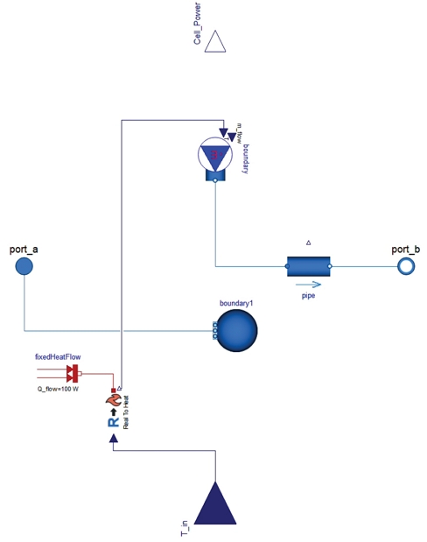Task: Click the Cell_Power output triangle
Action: tap(215, 42)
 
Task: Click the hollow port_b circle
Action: tap(404, 265)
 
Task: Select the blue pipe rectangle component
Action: tap(308, 265)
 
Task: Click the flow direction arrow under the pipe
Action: tap(308, 284)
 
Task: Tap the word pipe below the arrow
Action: tap(308, 296)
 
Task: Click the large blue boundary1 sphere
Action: tap(236, 332)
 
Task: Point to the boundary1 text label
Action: tap(235, 303)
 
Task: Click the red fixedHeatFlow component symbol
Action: tap(73, 375)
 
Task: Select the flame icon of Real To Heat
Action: tap(113, 402)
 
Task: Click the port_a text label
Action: tap(24, 250)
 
